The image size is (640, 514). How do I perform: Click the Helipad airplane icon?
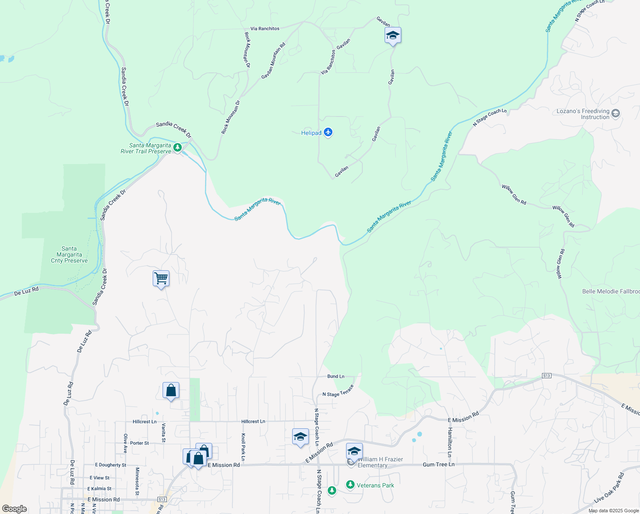[x=328, y=132]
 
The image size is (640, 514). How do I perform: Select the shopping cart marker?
[x=161, y=278]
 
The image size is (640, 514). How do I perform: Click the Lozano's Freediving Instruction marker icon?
[x=616, y=114]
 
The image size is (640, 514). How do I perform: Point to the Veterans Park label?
[x=375, y=485]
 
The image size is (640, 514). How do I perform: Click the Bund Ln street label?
[x=336, y=377]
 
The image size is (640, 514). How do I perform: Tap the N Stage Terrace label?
[x=338, y=391]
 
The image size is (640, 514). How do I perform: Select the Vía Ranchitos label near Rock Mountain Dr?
[x=265, y=29]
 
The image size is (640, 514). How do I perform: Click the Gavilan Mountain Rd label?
[x=273, y=60]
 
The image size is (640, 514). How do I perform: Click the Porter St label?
[x=139, y=443]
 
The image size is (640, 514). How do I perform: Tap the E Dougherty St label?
[x=110, y=465]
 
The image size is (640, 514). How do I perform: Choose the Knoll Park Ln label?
[x=243, y=447]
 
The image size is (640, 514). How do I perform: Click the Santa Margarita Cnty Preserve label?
[x=69, y=254]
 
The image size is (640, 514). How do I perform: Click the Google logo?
[x=15, y=509]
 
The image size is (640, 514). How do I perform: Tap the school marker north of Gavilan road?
[x=392, y=36]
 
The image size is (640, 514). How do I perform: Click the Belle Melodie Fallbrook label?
[x=611, y=291]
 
